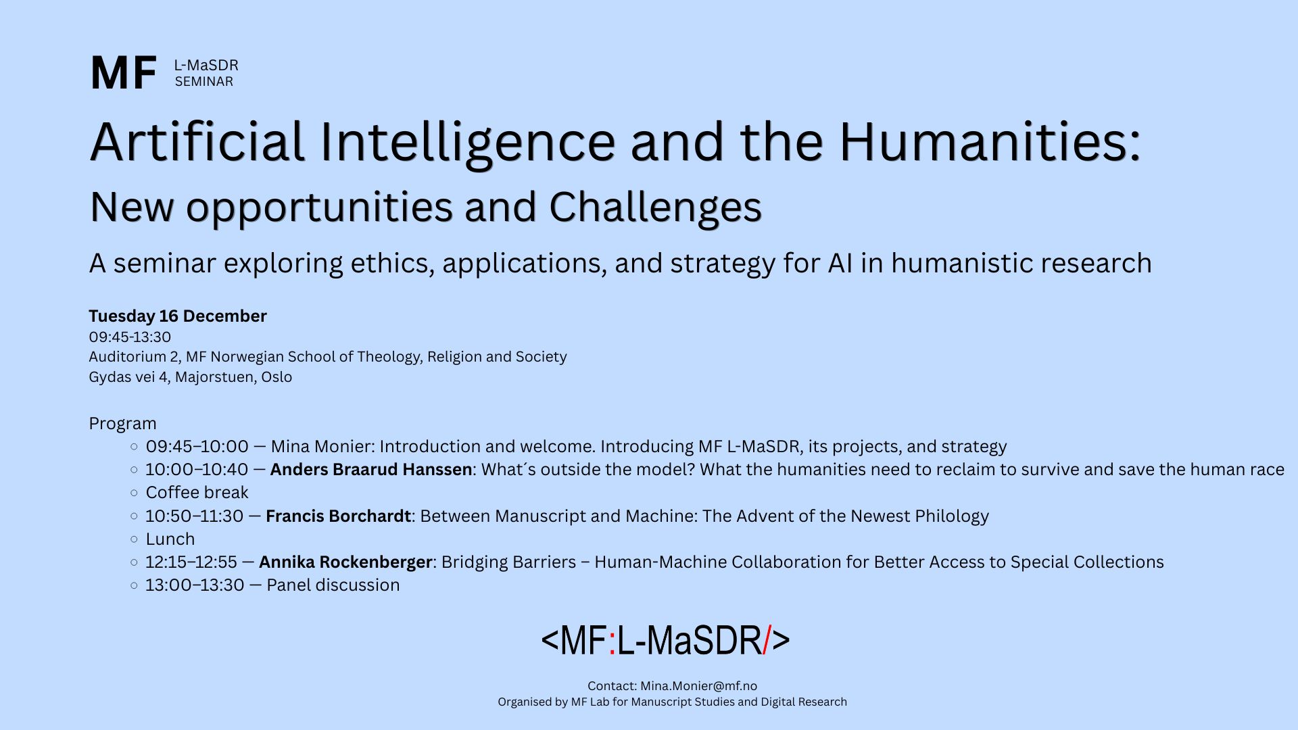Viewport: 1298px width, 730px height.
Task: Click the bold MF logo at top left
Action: click(123, 73)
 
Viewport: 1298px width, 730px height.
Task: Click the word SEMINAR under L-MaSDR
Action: click(204, 82)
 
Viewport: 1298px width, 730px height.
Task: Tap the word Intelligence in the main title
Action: click(467, 143)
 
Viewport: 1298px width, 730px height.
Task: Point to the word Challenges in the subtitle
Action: click(655, 208)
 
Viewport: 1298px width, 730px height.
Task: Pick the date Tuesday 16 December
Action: click(178, 316)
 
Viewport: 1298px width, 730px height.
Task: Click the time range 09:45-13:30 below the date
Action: click(130, 337)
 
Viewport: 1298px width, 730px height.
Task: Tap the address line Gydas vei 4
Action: click(128, 377)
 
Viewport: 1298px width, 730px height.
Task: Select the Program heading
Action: click(122, 424)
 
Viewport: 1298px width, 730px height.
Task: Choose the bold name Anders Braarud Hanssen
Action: click(371, 470)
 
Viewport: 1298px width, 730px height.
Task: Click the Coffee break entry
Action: click(197, 493)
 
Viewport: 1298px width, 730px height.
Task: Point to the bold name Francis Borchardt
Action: click(338, 516)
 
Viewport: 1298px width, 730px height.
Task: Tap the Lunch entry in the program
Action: click(170, 539)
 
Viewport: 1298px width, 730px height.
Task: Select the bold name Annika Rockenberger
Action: click(345, 562)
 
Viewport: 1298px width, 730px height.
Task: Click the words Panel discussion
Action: click(333, 585)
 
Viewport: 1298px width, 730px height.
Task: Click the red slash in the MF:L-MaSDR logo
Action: click(767, 640)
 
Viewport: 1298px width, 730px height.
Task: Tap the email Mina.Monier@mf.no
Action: click(699, 686)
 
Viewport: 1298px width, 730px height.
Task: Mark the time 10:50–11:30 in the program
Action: click(194, 516)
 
